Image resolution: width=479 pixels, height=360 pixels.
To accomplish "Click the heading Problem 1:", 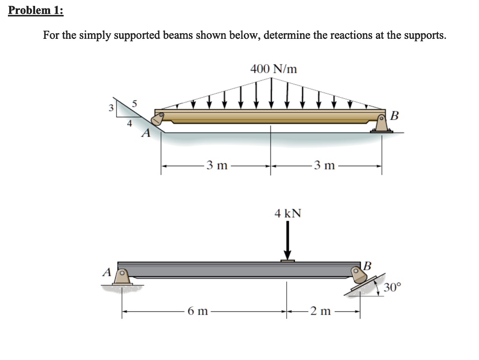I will (36, 10).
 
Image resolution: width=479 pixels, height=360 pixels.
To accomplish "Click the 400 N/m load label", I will (274, 69).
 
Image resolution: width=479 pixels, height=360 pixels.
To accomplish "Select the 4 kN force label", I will (288, 214).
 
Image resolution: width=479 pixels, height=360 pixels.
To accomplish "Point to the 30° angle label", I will (392, 287).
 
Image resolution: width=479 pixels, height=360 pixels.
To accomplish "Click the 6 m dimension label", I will (198, 311).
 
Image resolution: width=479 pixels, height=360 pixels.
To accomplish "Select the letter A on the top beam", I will (146, 134).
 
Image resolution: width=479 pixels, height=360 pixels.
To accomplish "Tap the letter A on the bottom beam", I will (107, 272).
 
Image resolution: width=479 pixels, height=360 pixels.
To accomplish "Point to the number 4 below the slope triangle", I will (130, 124).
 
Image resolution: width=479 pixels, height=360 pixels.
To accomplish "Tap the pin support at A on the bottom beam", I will (123, 277).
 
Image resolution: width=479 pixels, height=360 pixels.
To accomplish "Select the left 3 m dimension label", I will (217, 165).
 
